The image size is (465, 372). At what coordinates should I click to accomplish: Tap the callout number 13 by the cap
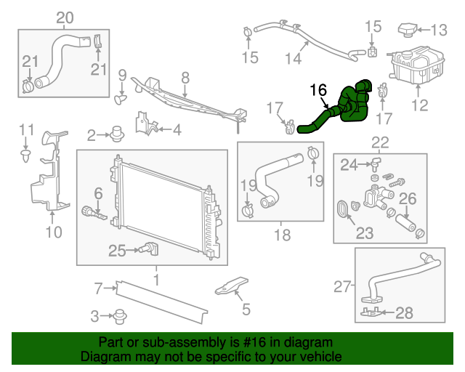(x=440, y=31)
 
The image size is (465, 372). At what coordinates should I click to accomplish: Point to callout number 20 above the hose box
(x=65, y=17)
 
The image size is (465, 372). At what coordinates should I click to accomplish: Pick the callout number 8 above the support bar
(x=185, y=77)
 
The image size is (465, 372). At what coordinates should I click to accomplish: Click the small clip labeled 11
(x=26, y=154)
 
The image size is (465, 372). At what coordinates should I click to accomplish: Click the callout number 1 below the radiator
(x=155, y=278)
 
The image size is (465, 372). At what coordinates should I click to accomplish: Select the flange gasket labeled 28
(x=371, y=313)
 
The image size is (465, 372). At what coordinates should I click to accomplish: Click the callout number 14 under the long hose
(x=292, y=58)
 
